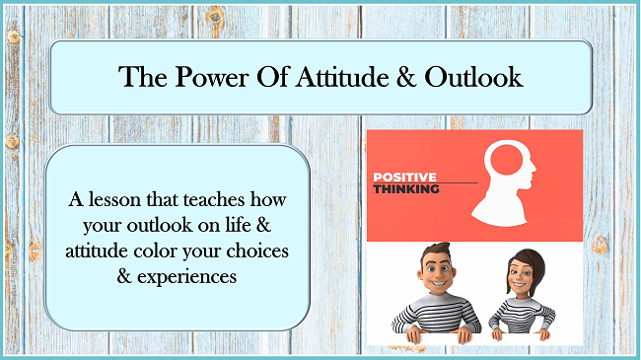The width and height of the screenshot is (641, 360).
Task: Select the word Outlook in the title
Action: point(471,77)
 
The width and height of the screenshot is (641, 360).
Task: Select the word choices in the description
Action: point(257,251)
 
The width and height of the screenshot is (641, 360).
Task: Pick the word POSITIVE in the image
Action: point(404,178)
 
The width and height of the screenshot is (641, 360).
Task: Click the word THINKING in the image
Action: point(406,189)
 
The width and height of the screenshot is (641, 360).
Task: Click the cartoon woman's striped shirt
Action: point(522,321)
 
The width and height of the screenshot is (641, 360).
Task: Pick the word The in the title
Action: point(140,77)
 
